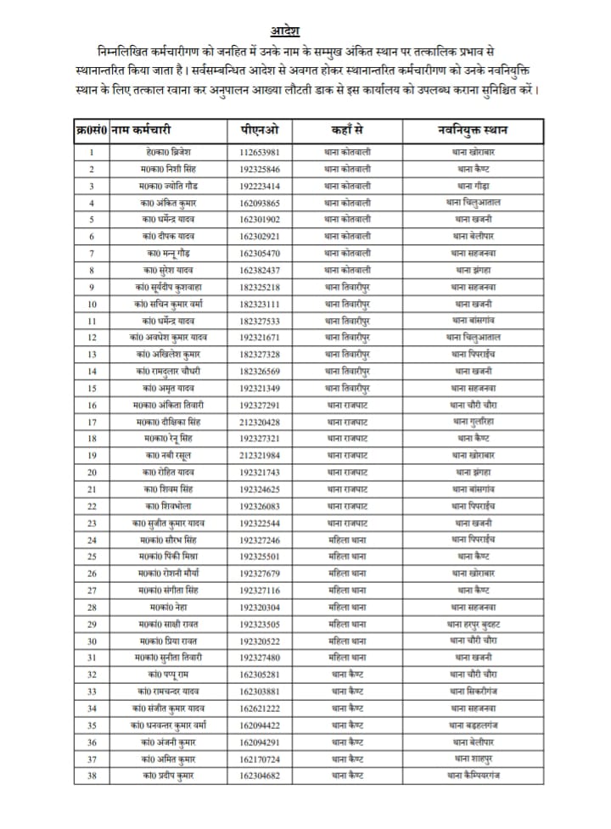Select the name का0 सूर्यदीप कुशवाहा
pos(168,287)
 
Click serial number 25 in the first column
pos(92,556)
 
